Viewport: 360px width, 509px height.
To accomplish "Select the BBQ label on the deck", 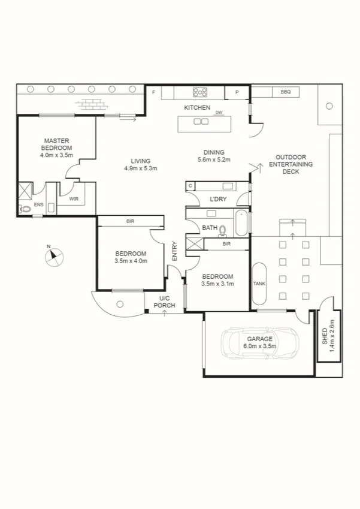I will tap(285, 92).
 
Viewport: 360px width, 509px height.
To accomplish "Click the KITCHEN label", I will tap(197, 108).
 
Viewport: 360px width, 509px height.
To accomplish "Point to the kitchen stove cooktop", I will tap(199, 92).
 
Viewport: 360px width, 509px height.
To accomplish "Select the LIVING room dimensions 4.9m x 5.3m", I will tap(140, 168).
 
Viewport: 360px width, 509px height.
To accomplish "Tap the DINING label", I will tap(214, 152).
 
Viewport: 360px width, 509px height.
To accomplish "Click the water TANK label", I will tap(259, 284).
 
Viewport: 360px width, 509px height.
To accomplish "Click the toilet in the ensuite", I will tap(25, 209).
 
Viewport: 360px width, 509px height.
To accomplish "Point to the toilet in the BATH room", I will tap(223, 229).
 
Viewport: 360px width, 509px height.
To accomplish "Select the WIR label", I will tap(75, 198).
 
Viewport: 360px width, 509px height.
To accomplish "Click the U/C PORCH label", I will tap(167, 302).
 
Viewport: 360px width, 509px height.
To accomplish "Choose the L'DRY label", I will tap(218, 199).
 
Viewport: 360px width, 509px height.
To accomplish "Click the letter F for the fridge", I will tap(154, 92).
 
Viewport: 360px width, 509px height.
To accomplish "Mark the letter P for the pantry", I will tap(237, 92).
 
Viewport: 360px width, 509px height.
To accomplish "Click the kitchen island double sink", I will tap(201, 122).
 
